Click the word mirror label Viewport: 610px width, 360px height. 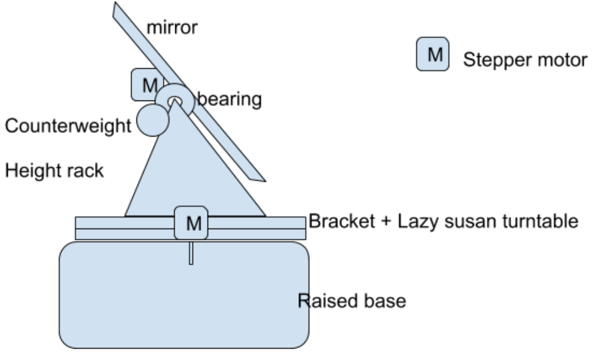point(172,27)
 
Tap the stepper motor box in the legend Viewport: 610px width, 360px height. point(433,55)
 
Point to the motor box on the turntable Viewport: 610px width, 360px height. point(191,223)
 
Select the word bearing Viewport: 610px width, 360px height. point(230,99)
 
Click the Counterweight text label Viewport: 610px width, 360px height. point(68,126)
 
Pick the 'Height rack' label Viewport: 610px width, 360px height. point(54,171)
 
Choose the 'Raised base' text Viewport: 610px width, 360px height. point(352,300)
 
